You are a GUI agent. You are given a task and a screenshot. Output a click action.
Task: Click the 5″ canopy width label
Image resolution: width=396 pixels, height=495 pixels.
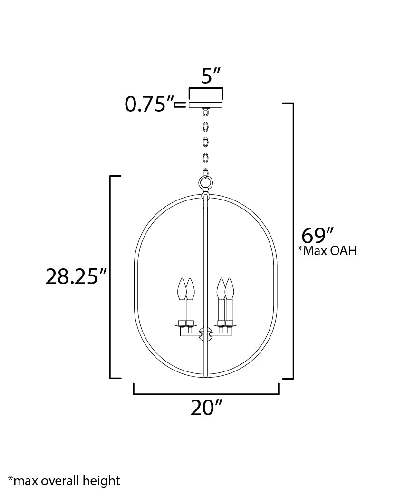pyautogui.click(x=205, y=76)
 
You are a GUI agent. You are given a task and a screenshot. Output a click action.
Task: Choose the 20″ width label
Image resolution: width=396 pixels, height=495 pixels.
pyautogui.click(x=206, y=408)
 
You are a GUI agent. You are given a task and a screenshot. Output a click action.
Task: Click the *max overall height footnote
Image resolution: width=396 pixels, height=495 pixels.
pyautogui.click(x=64, y=480)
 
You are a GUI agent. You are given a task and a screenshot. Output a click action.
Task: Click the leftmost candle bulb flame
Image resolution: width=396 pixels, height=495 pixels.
pyautogui.click(x=181, y=288)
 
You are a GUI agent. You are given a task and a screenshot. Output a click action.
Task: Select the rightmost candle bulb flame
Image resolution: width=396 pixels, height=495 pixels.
pyautogui.click(x=230, y=288)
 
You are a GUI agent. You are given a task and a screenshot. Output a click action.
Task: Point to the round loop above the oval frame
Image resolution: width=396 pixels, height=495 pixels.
pyautogui.click(x=206, y=182)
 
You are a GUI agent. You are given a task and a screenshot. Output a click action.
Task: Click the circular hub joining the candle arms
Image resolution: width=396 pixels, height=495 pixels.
pyautogui.click(x=206, y=334)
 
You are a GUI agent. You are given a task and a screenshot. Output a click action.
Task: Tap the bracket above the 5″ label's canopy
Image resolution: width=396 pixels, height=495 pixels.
pyautogui.click(x=206, y=90)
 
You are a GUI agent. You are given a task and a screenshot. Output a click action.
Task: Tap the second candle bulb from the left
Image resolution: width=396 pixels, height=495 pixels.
pyautogui.click(x=190, y=288)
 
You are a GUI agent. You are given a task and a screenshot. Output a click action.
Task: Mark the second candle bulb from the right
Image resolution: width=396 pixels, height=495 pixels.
pyautogui.click(x=221, y=288)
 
